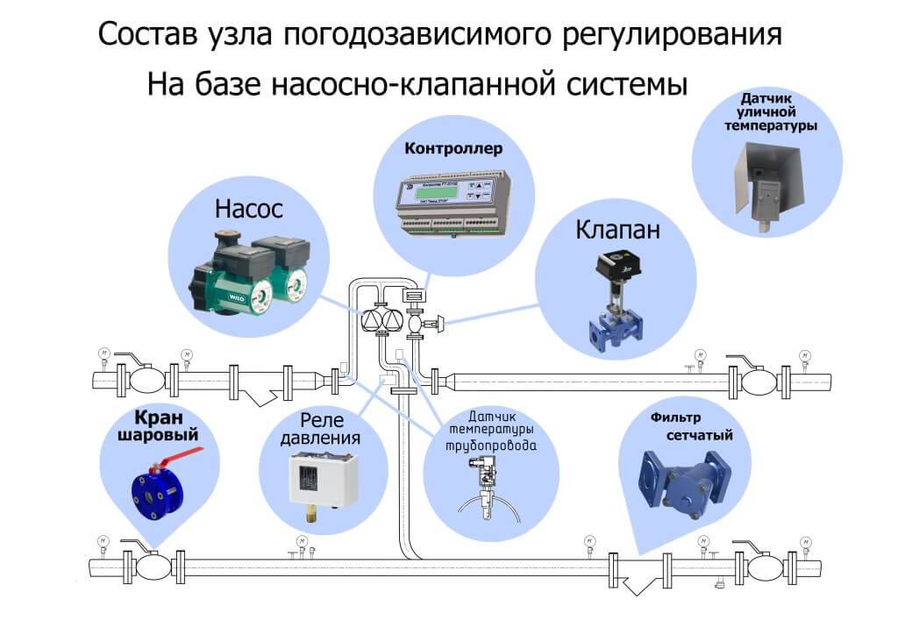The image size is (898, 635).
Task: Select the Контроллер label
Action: [453, 148]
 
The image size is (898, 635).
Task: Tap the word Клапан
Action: [617, 231]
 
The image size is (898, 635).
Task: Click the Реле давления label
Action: [324, 427]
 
